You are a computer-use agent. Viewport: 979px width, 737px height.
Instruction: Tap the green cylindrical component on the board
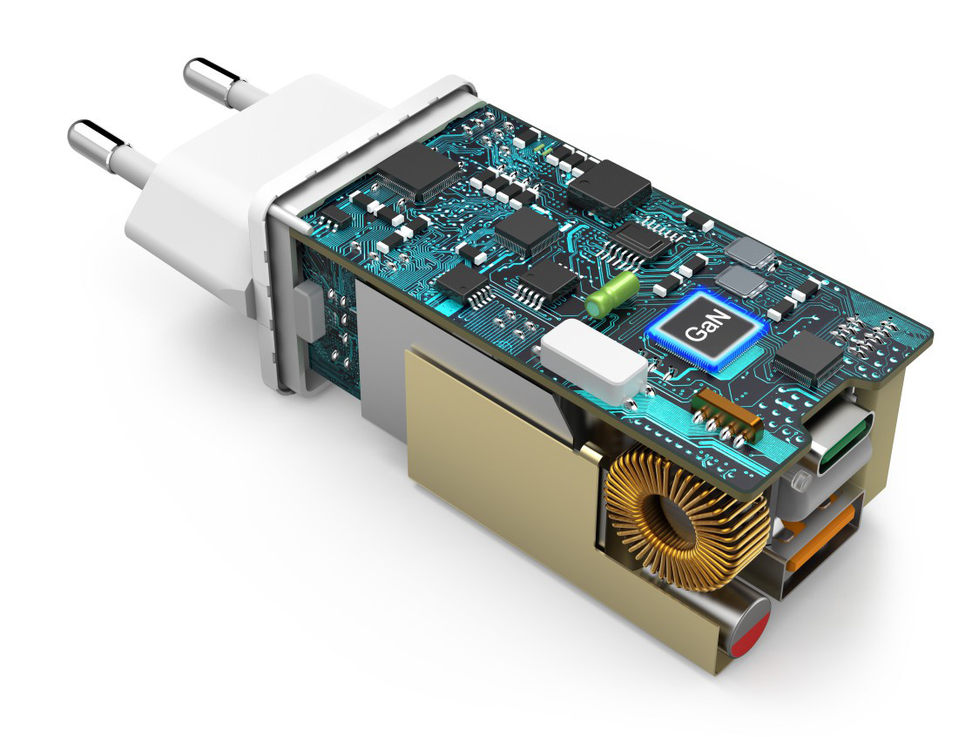pos(611,294)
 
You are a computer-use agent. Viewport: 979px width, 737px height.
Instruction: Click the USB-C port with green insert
pos(845,437)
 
